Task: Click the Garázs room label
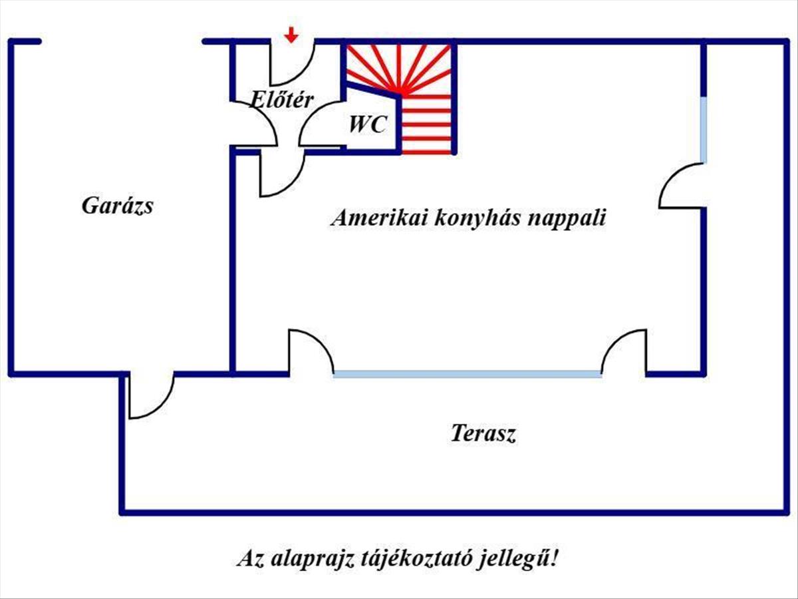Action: point(118,205)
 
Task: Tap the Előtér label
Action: point(282,100)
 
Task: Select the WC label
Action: point(368,124)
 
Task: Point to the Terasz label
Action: point(484,434)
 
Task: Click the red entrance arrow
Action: point(291,35)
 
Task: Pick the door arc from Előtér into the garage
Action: point(256,123)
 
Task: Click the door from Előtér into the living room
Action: point(281,174)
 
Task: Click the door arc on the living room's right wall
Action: point(681,186)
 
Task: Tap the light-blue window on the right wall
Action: point(704,130)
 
